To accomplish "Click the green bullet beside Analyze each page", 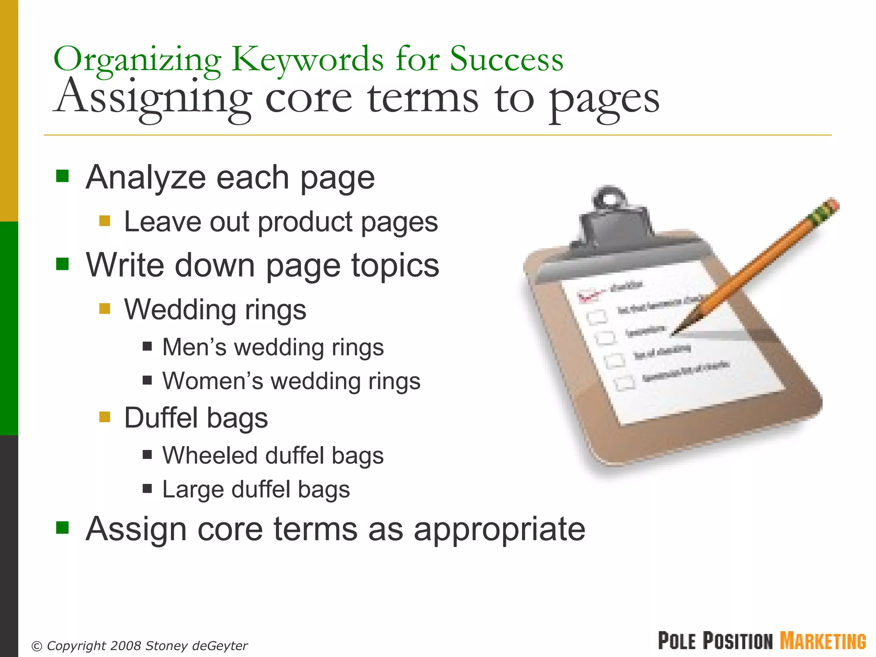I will tap(62, 176).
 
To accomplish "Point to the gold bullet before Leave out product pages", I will tap(105, 221).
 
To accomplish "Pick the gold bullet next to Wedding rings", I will tap(105, 308).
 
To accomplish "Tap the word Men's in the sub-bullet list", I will tap(194, 347).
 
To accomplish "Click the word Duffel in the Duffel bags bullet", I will tap(161, 417).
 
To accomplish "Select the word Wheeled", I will tap(210, 455).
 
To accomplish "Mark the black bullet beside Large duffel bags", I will tap(148, 488).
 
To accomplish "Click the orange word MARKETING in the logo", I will tap(823, 641).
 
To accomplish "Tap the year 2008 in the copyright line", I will tap(126, 645).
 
